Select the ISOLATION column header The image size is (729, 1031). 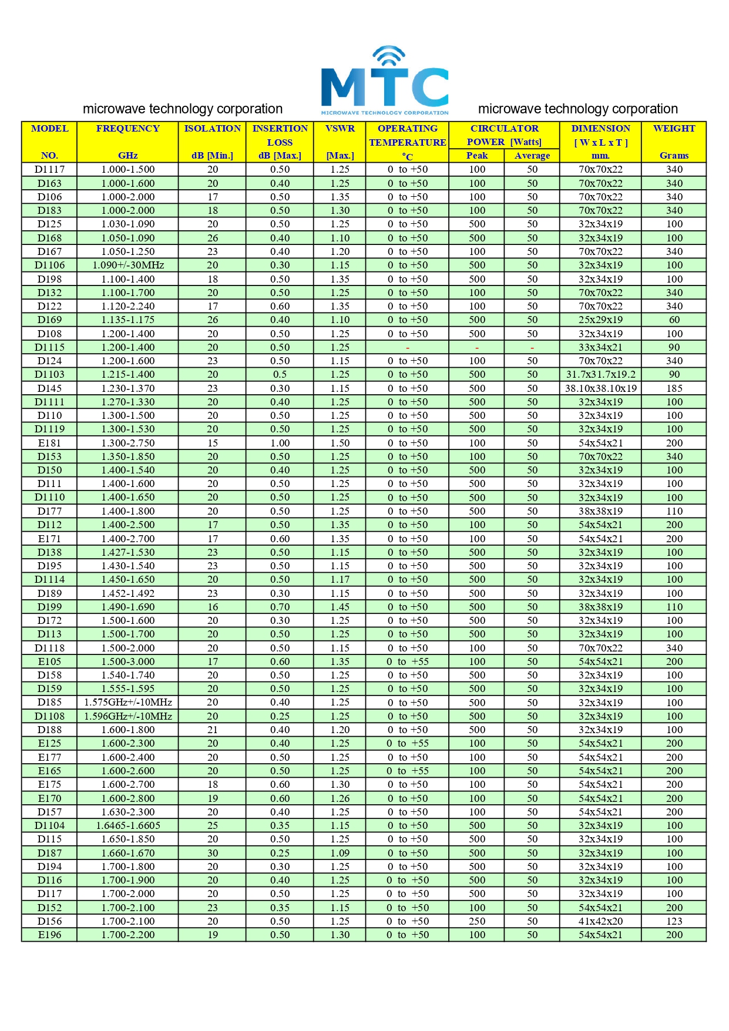pyautogui.click(x=212, y=129)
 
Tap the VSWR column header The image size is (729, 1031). pyautogui.click(x=340, y=129)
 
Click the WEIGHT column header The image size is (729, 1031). pyautogui.click(x=674, y=129)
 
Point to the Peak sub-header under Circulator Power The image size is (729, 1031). pyautogui.click(x=476, y=156)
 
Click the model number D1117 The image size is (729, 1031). pyautogui.click(x=49, y=169)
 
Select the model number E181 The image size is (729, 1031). pyautogui.click(x=49, y=443)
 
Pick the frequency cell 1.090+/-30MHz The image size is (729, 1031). pyautogui.click(x=128, y=265)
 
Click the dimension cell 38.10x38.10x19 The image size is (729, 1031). pyautogui.click(x=600, y=388)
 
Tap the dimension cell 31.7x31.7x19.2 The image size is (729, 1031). pyautogui.click(x=600, y=374)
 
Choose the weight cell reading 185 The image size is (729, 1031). pyautogui.click(x=674, y=388)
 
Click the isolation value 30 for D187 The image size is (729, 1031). pyautogui.click(x=212, y=853)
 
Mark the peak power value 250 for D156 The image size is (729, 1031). pyautogui.click(x=476, y=921)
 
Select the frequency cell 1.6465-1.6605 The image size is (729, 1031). pyautogui.click(x=128, y=825)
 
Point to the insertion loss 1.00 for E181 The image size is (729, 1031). pyautogui.click(x=280, y=443)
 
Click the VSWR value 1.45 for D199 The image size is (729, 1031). pyautogui.click(x=340, y=607)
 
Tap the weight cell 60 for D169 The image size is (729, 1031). pyautogui.click(x=674, y=320)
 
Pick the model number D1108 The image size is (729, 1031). pyautogui.click(x=49, y=716)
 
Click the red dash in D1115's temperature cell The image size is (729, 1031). pyautogui.click(x=408, y=348)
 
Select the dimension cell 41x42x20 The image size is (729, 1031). pyautogui.click(x=600, y=921)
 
